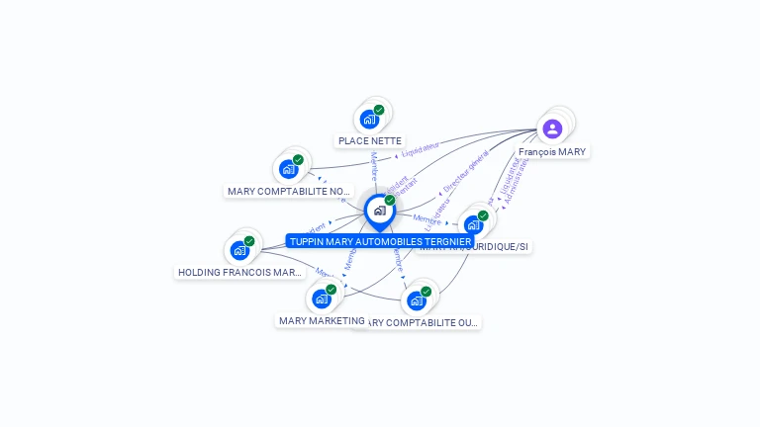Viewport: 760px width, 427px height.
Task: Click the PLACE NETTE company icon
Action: pos(370,120)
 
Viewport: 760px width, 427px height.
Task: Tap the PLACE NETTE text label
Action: pos(370,141)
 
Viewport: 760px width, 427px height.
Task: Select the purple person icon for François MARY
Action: pos(552,128)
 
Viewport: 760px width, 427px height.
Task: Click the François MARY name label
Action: pos(552,152)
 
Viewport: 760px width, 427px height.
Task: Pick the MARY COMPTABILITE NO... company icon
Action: pos(289,169)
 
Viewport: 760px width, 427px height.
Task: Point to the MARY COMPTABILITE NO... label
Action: pos(289,192)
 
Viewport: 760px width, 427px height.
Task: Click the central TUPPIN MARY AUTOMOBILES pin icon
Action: pos(379,211)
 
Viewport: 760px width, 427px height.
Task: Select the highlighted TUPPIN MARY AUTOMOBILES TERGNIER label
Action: pos(380,241)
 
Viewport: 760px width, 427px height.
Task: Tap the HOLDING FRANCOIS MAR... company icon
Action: pos(239,250)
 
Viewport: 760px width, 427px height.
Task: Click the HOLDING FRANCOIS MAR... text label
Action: pos(239,272)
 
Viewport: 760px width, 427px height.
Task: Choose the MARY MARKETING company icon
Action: pos(321,299)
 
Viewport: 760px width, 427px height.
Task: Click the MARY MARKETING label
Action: pos(322,320)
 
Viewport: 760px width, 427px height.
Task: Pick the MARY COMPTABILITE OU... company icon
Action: pos(417,300)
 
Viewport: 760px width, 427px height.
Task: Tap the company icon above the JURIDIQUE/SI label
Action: pos(474,224)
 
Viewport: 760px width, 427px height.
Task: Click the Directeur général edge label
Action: pos(466,172)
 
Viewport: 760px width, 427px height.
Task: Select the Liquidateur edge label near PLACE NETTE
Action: pos(420,149)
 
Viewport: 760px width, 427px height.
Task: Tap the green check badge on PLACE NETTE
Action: pos(379,111)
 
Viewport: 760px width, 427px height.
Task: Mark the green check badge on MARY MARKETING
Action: pos(331,290)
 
